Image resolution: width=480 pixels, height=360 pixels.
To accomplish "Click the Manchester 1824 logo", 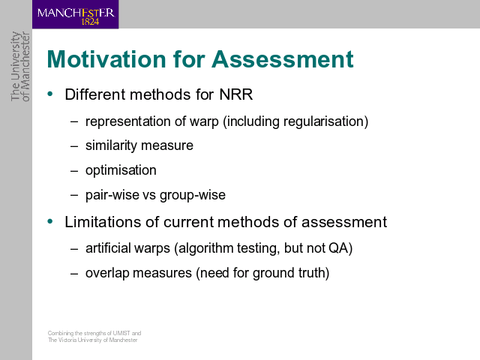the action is (x=75, y=14).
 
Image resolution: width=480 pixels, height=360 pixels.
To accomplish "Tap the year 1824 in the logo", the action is (x=90, y=22).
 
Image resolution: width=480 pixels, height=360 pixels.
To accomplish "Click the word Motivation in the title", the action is (x=106, y=58).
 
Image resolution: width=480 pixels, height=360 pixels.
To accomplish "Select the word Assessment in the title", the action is (x=283, y=58).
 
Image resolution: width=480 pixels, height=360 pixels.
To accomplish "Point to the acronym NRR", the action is (x=236, y=94).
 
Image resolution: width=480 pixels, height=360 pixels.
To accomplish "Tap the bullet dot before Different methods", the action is (x=50, y=94).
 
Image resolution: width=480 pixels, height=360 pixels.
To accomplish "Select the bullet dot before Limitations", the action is (x=50, y=221).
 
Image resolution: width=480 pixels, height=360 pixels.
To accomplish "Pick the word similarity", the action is (x=111, y=145).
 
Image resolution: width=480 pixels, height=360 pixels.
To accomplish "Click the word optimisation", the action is (x=121, y=170).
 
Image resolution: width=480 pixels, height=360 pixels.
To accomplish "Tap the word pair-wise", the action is (x=112, y=195).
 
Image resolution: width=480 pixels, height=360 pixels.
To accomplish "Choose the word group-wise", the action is (x=193, y=195).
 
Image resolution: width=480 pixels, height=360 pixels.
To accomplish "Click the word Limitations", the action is (x=103, y=222).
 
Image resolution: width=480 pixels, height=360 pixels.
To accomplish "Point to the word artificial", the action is (x=108, y=248).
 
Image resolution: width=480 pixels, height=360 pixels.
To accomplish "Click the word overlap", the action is (x=107, y=273).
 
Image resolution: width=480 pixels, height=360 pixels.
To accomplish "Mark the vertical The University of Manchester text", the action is (x=20, y=67).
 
